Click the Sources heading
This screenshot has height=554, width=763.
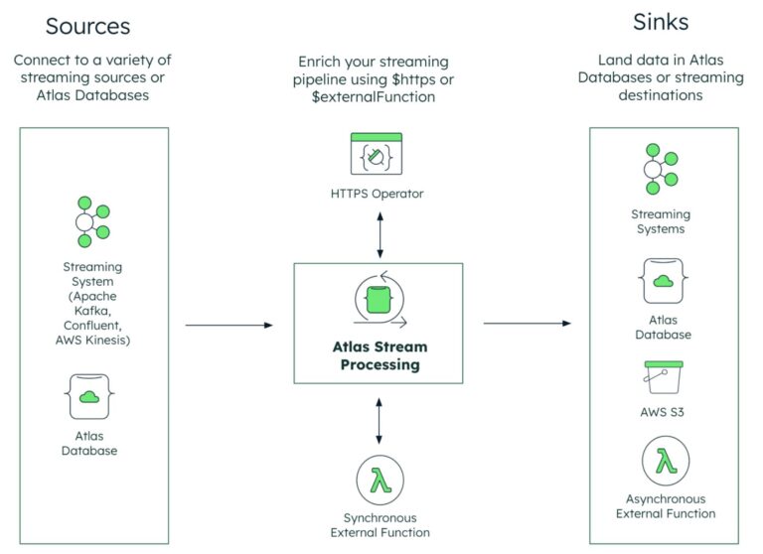(87, 26)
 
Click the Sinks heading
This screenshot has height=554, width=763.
(663, 22)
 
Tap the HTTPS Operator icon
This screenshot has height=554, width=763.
(377, 155)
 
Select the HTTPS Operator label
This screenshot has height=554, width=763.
(377, 194)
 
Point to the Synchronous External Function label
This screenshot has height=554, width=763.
(380, 525)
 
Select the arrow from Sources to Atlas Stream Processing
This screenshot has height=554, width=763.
(229, 325)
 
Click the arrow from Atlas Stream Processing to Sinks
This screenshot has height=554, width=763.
(527, 324)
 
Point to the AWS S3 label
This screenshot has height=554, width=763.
(663, 411)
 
